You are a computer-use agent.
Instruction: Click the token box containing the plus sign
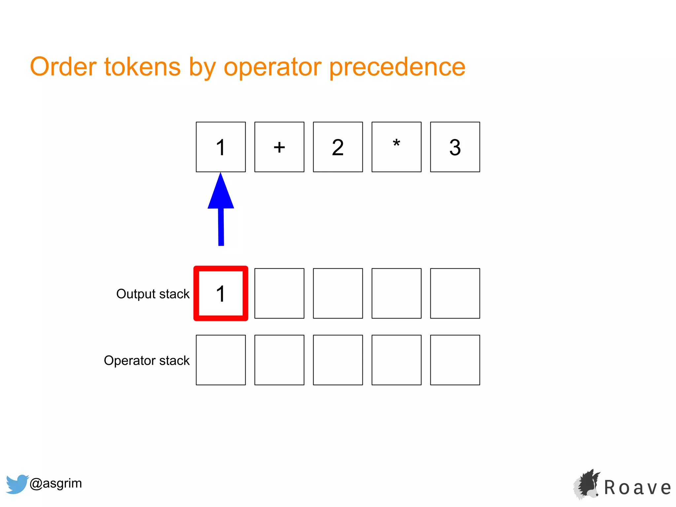[279, 147]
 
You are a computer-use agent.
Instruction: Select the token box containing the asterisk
[396, 147]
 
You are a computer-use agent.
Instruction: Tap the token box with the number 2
[338, 147]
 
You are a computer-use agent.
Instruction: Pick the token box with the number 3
[455, 147]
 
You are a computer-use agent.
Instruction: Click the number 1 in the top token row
[221, 147]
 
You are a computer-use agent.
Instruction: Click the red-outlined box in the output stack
[221, 293]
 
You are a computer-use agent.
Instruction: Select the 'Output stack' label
[153, 294]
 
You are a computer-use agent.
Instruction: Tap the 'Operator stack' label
[147, 360]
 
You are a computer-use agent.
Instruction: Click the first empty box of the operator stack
[221, 360]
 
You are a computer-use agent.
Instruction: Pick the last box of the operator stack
[455, 360]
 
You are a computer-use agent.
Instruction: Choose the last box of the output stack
[455, 293]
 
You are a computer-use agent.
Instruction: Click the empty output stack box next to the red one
[279, 293]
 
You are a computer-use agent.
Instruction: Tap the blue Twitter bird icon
[17, 484]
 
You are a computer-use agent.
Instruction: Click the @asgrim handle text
[55, 483]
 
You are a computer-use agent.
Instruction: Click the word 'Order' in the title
[63, 67]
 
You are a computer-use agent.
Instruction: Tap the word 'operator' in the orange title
[272, 67]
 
